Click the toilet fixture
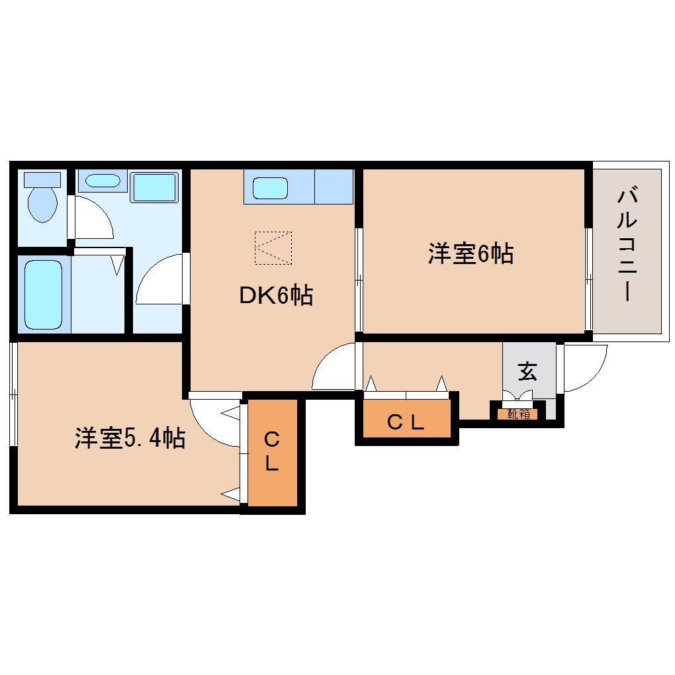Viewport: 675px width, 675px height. click(x=42, y=202)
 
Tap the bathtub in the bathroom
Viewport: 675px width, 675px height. click(x=44, y=294)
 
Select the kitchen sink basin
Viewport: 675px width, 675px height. click(x=271, y=187)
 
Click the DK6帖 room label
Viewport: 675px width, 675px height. click(x=275, y=296)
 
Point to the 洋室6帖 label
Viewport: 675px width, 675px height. click(x=471, y=253)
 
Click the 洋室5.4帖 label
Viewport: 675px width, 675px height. click(x=129, y=438)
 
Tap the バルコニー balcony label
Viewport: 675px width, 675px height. click(x=626, y=245)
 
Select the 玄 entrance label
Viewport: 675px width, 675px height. click(x=527, y=372)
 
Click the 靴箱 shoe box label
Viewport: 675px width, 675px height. click(x=518, y=414)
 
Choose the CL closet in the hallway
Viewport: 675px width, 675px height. click(x=405, y=422)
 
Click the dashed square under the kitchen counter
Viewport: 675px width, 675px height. click(x=273, y=247)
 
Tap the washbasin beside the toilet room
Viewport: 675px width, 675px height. click(x=103, y=180)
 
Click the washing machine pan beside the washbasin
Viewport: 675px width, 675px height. click(x=154, y=187)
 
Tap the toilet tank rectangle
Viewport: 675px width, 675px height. click(x=42, y=179)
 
